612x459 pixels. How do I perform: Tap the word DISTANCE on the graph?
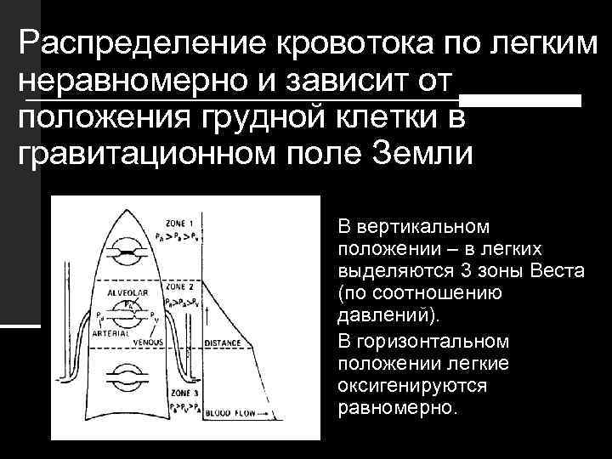tap(223, 343)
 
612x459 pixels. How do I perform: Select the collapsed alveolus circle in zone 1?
tap(129, 253)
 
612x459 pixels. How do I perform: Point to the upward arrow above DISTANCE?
tap(207, 319)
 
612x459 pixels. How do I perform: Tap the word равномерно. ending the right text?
tap(397, 406)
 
